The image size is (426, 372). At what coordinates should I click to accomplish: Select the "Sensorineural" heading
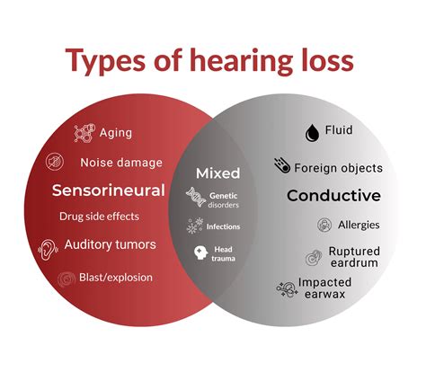tap(108, 190)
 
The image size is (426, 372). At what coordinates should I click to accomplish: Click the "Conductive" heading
tap(333, 196)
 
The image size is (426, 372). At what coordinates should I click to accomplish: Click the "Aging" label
tap(116, 133)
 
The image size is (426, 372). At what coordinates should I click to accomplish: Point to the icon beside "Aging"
tap(84, 134)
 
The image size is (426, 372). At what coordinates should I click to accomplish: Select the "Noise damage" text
tap(121, 163)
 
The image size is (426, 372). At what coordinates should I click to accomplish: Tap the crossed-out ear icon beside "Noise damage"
tap(56, 163)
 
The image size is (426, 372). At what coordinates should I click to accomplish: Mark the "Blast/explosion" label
tap(115, 278)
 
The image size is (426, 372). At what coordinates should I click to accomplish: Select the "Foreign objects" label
tap(339, 167)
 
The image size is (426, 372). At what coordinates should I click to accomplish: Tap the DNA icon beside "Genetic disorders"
tap(194, 197)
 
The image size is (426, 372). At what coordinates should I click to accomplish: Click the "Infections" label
tap(224, 226)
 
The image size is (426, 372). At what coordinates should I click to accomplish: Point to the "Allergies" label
tap(359, 224)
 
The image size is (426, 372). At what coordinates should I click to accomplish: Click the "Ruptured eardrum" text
tap(353, 258)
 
